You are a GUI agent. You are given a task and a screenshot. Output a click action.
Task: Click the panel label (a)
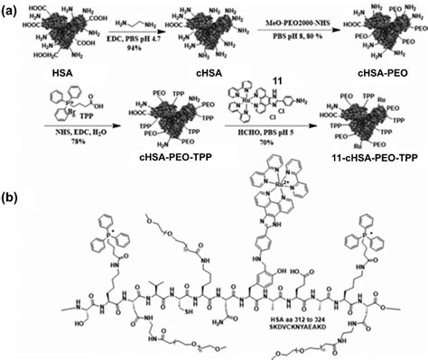click(12, 8)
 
